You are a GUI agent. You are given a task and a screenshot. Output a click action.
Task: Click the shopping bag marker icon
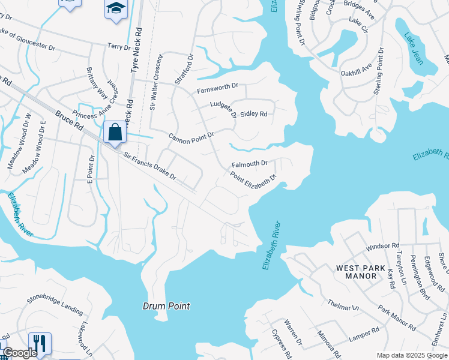115,131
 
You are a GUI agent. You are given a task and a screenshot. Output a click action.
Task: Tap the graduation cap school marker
116,8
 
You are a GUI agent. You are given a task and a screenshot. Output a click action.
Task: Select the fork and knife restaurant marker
40,343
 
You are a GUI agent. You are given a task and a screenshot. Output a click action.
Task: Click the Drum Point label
166,306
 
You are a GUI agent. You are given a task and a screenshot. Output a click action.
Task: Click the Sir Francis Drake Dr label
150,166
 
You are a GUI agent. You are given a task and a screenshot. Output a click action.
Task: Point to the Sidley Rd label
253,114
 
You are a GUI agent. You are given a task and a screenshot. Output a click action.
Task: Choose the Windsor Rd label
382,246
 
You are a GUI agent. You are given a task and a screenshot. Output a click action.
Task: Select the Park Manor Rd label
397,317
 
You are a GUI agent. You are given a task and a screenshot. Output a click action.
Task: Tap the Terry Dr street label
119,46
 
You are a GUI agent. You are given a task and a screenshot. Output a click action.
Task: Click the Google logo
19,353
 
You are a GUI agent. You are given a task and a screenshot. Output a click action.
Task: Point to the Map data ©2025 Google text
412,355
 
